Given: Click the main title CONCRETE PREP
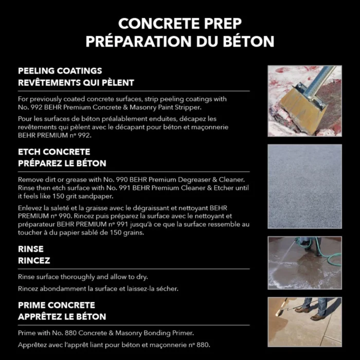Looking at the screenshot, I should tap(179, 23).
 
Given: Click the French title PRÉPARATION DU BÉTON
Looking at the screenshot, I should tap(179, 41).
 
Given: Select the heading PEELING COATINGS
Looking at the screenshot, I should tap(60, 71).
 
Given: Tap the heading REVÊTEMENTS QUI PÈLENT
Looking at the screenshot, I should tap(76, 82).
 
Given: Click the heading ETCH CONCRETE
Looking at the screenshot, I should tap(54, 152).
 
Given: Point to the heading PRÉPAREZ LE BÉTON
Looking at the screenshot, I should tap(62, 164).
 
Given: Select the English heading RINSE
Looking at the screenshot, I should tap(31, 249).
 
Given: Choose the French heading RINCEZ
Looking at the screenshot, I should tap(34, 260).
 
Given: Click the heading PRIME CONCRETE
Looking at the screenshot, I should tap(57, 305).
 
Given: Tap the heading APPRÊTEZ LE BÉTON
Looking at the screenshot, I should tap(62, 316).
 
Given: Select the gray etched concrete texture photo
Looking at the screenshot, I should tap(304, 186).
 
